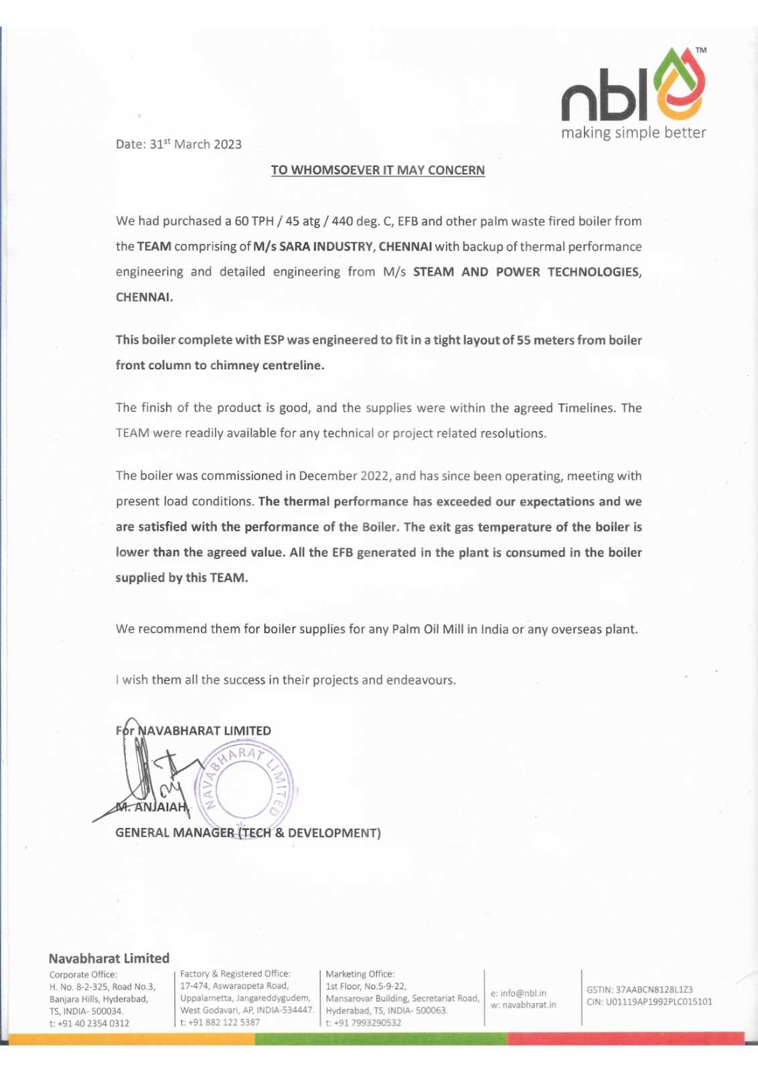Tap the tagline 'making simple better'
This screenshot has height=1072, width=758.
[x=633, y=133]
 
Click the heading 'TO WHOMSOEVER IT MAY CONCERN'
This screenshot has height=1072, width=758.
[x=378, y=170]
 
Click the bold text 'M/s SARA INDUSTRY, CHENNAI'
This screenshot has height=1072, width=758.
[x=342, y=247]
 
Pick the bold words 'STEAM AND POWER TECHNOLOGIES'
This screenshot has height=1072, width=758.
[x=526, y=272]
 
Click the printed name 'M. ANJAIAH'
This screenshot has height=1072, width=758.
[x=152, y=807]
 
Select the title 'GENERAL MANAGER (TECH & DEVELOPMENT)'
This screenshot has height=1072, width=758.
[x=248, y=833]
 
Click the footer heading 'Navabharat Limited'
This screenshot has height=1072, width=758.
[x=109, y=958]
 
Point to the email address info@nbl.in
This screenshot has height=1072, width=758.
[x=523, y=993]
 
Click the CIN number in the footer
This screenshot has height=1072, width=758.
[x=659, y=1002]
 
